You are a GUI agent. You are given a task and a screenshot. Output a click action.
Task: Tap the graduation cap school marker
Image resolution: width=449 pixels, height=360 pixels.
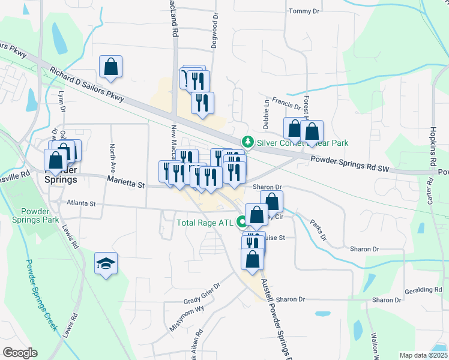tap(106, 265)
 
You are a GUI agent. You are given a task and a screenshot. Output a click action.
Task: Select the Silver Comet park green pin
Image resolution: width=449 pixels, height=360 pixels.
tap(247, 142)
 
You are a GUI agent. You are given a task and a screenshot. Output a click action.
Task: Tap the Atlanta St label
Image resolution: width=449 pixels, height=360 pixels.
tap(81, 204)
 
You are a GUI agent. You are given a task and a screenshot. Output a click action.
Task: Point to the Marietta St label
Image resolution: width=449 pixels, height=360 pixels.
tap(127, 181)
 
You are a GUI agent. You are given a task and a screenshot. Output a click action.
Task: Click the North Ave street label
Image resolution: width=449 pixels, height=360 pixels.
tap(112, 156)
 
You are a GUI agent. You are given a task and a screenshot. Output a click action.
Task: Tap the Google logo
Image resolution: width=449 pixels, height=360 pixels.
tap(20, 353)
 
